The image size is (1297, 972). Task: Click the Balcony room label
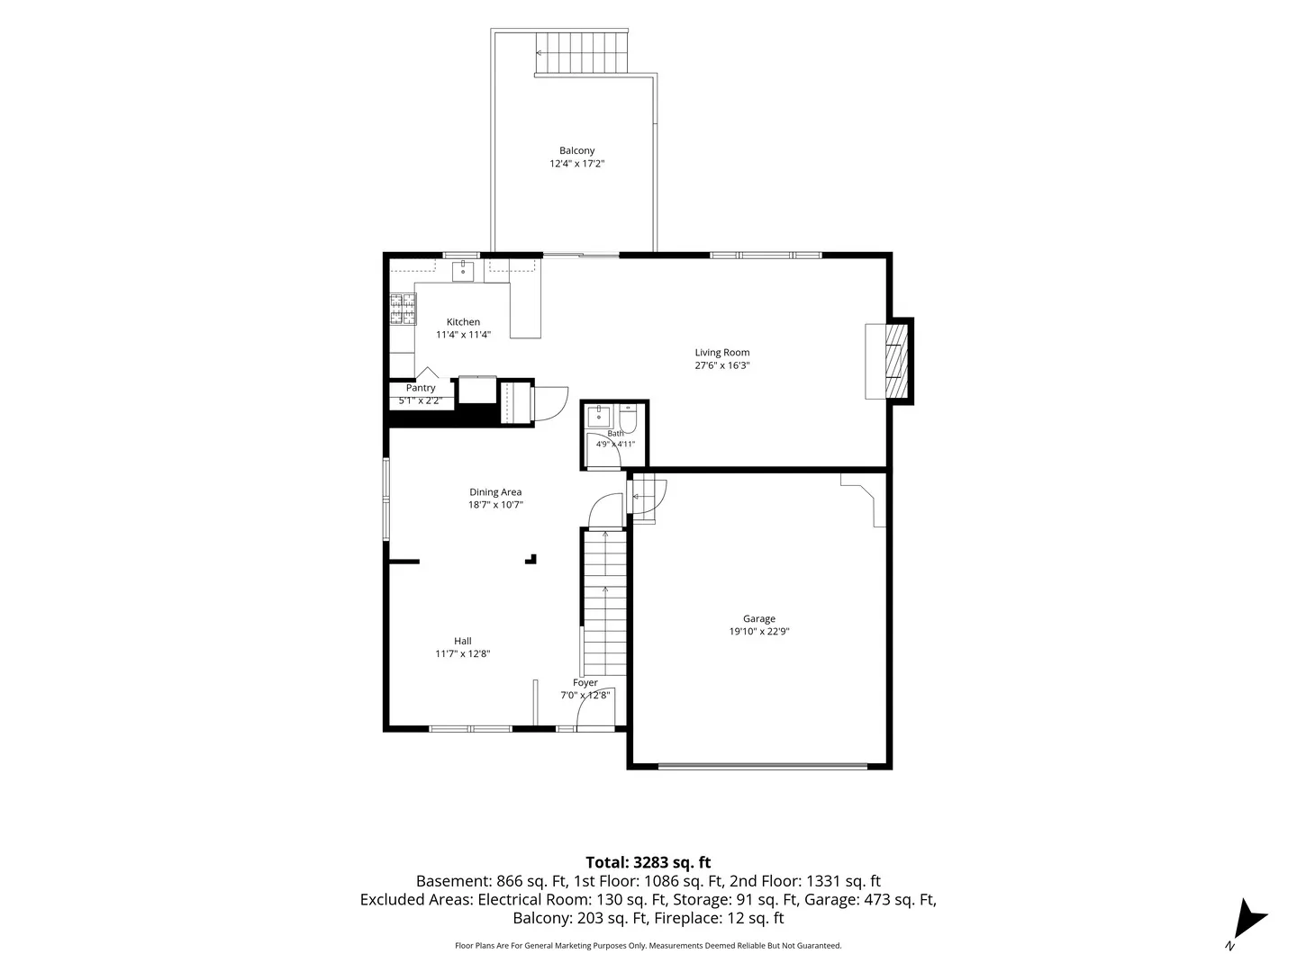(x=576, y=150)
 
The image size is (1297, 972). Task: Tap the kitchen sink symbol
(x=463, y=272)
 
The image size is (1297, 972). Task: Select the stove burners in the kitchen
(x=403, y=309)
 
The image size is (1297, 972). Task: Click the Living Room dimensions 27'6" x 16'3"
(x=722, y=365)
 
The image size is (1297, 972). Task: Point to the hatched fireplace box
(x=896, y=361)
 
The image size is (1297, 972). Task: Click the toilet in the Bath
(x=628, y=419)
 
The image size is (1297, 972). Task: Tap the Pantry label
(x=421, y=388)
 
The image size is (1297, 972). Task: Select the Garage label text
(x=759, y=618)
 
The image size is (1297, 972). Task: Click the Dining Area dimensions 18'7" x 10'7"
(x=495, y=505)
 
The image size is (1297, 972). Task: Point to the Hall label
(x=463, y=641)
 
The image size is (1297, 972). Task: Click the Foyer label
(x=585, y=683)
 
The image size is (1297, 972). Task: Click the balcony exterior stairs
(x=582, y=52)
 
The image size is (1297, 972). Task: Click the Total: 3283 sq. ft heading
(x=648, y=863)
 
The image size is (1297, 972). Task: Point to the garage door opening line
(x=763, y=766)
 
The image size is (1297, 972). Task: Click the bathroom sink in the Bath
(x=599, y=416)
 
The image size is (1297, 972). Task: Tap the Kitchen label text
(x=463, y=321)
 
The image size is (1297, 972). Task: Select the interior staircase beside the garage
(x=604, y=603)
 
